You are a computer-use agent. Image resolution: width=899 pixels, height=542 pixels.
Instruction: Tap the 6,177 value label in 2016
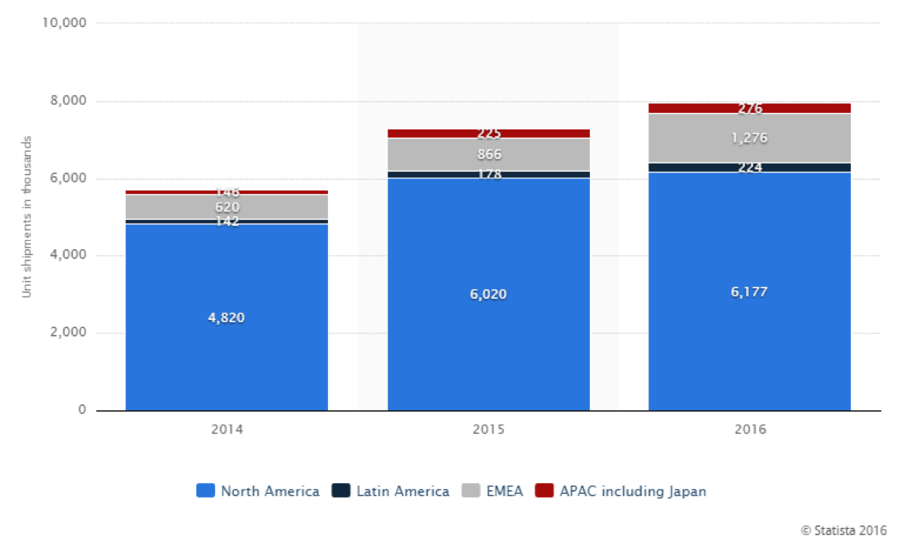coord(749,291)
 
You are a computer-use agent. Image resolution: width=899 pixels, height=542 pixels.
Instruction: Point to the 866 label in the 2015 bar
coord(489,154)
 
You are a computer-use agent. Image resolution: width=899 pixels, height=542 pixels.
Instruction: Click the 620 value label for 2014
coord(226,207)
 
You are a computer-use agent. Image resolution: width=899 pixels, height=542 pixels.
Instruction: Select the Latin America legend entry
coord(390,492)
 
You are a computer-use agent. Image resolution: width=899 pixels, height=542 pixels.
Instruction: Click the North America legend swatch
coord(205,492)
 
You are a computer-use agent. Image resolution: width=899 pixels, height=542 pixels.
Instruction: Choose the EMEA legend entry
coord(492,492)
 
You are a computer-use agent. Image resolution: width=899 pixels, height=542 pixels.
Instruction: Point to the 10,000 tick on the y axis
coord(65,23)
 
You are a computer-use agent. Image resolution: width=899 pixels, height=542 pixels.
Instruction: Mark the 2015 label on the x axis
coord(488,430)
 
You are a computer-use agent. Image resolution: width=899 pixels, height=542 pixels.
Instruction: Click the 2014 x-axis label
coord(226,430)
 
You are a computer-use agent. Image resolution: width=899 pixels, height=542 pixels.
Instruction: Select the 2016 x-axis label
coord(749,430)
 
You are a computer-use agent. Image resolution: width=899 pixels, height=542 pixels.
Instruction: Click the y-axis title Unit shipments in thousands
coord(26,217)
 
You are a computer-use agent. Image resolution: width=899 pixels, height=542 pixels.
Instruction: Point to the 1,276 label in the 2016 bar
coord(749,139)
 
